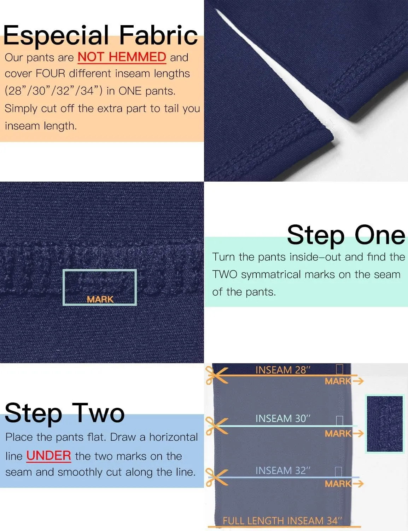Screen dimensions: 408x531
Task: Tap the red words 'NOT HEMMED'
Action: [x=122, y=57]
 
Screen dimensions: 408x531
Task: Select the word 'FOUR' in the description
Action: [x=51, y=74]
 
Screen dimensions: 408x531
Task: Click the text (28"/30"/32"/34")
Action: [x=54, y=91]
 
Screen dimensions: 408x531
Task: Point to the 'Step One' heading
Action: [x=346, y=235]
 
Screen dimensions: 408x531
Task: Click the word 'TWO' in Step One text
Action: [x=225, y=274]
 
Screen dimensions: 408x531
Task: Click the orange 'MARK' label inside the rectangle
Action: [x=100, y=299]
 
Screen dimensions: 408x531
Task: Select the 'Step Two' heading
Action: [x=65, y=413]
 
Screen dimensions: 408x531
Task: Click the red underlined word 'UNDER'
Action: [x=49, y=456]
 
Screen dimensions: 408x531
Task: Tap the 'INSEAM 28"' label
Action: [x=283, y=370]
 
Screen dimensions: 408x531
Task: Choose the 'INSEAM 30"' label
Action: [x=283, y=418]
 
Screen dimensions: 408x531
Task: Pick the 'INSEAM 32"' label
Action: [x=283, y=470]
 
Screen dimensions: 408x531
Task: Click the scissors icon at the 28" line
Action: [x=216, y=376]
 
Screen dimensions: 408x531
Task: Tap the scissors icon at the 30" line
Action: [x=216, y=426]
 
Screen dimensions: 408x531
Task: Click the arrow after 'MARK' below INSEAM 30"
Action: [x=358, y=433]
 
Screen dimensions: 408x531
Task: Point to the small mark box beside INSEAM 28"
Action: [x=339, y=369]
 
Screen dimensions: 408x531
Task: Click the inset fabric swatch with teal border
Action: [x=385, y=424]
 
